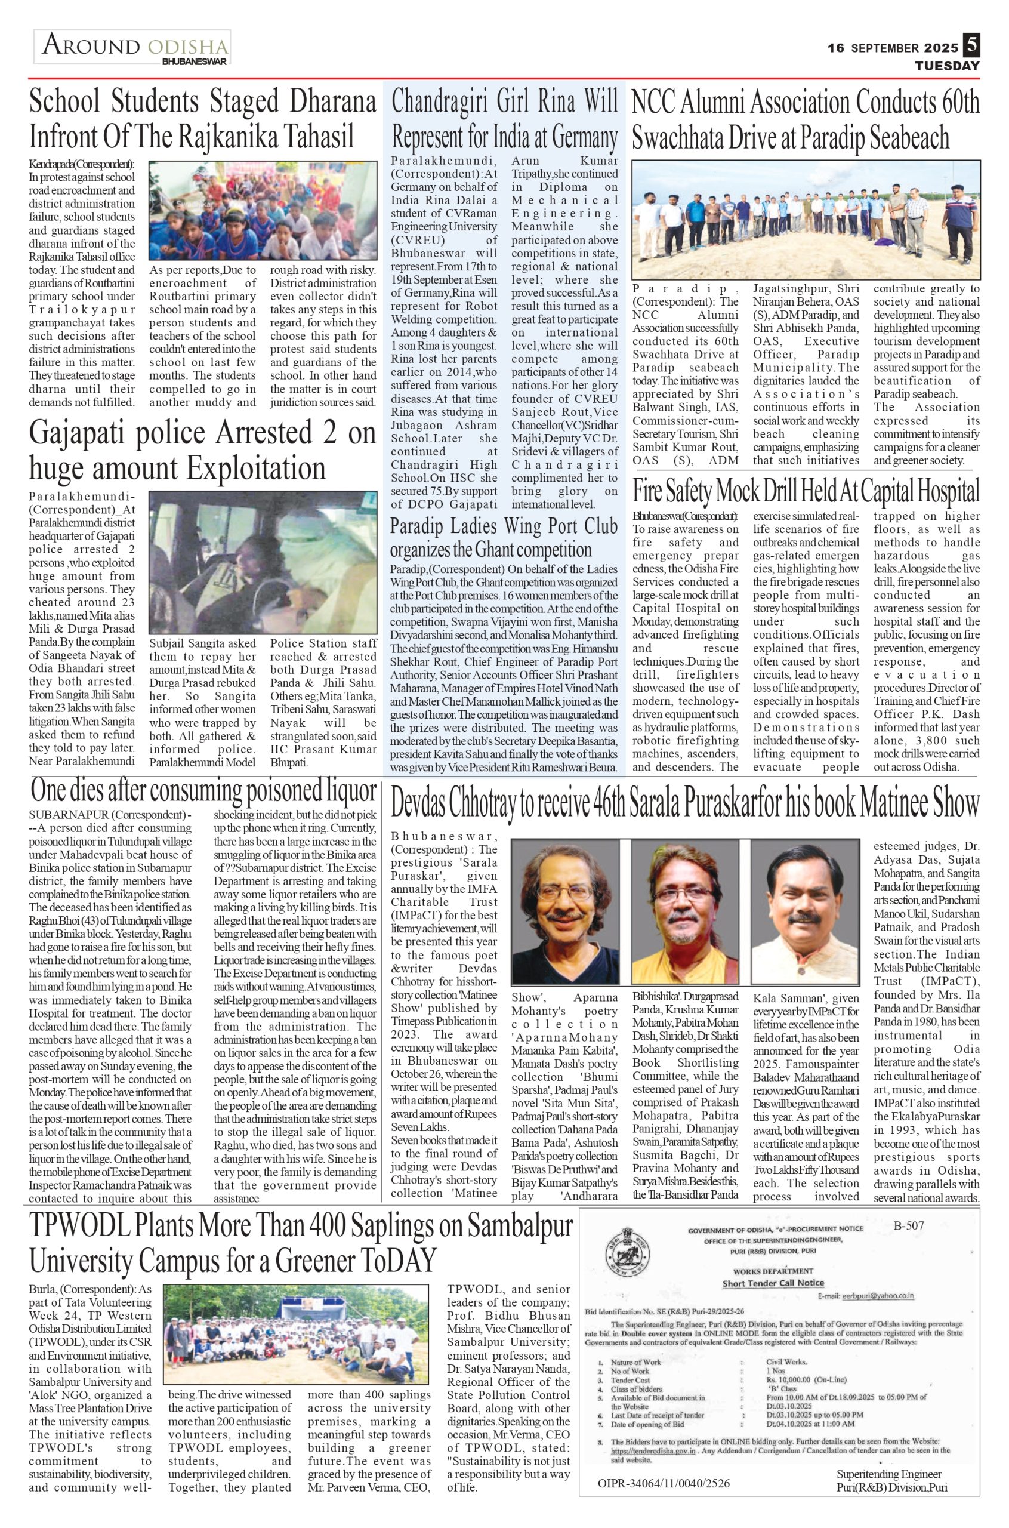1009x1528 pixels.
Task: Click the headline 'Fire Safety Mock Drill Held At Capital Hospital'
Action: click(806, 492)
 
